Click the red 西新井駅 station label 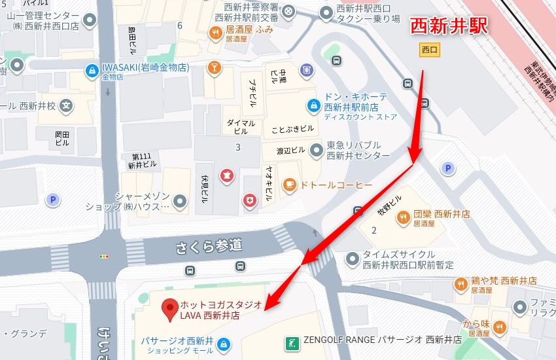point(449,26)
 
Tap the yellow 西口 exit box point(429,49)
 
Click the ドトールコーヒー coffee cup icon point(288,186)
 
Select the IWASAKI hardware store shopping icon point(91,69)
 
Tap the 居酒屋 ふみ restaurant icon point(215,32)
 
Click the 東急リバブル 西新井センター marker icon point(317,151)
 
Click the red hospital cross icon point(249,200)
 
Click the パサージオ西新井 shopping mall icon point(224,343)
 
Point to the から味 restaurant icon point(500,327)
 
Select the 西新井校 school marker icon point(65,105)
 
